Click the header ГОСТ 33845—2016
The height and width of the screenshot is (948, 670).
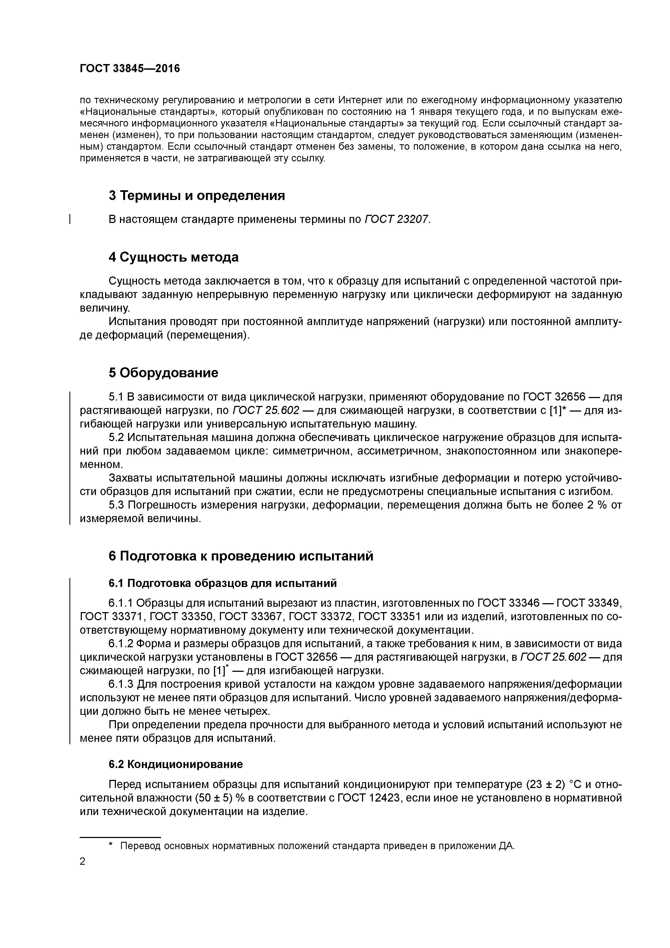click(x=130, y=69)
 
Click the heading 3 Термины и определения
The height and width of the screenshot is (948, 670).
click(x=196, y=195)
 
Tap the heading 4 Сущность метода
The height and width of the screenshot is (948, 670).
click(x=173, y=257)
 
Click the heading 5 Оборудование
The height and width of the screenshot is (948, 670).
click(x=163, y=373)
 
